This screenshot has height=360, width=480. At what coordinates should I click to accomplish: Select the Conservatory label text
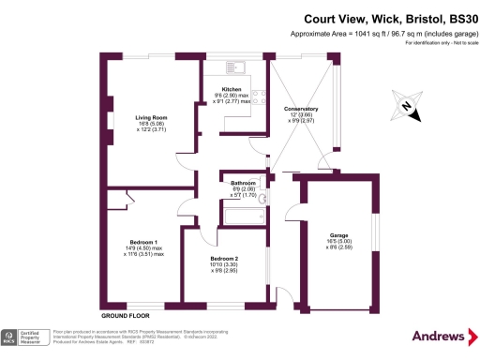(301, 109)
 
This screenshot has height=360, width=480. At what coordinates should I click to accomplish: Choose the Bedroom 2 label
(224, 258)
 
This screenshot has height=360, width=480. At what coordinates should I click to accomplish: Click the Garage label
(338, 235)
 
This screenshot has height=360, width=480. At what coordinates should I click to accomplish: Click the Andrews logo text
(438, 336)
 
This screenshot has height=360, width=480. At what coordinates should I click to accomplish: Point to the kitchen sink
(233, 67)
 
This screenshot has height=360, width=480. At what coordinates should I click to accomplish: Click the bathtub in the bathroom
(242, 217)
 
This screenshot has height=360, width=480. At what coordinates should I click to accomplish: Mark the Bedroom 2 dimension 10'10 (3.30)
(224, 264)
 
